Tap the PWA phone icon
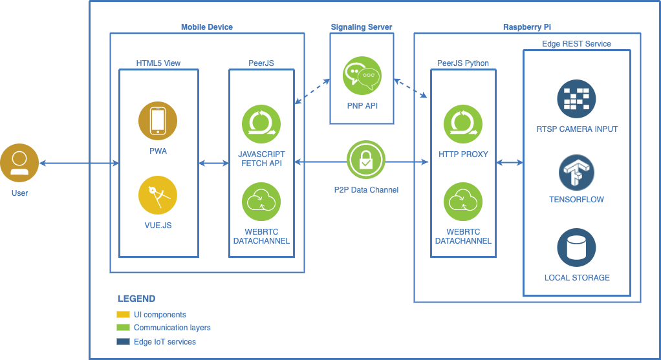pos(158,121)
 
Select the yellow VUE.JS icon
pos(158,196)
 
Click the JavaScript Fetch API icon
pos(261,124)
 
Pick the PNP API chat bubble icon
pos(362,76)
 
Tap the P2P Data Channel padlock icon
pos(366,160)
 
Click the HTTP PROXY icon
pos(463,124)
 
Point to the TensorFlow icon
pos(576,173)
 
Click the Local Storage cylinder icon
pos(576,248)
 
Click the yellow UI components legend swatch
pos(124,315)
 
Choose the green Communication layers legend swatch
pos(124,328)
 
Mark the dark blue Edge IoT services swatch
pos(124,341)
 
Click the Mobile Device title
pos(207,27)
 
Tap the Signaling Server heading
pos(362,27)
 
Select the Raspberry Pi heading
pos(527,27)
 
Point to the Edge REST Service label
pos(576,44)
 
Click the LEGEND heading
pos(136,299)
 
